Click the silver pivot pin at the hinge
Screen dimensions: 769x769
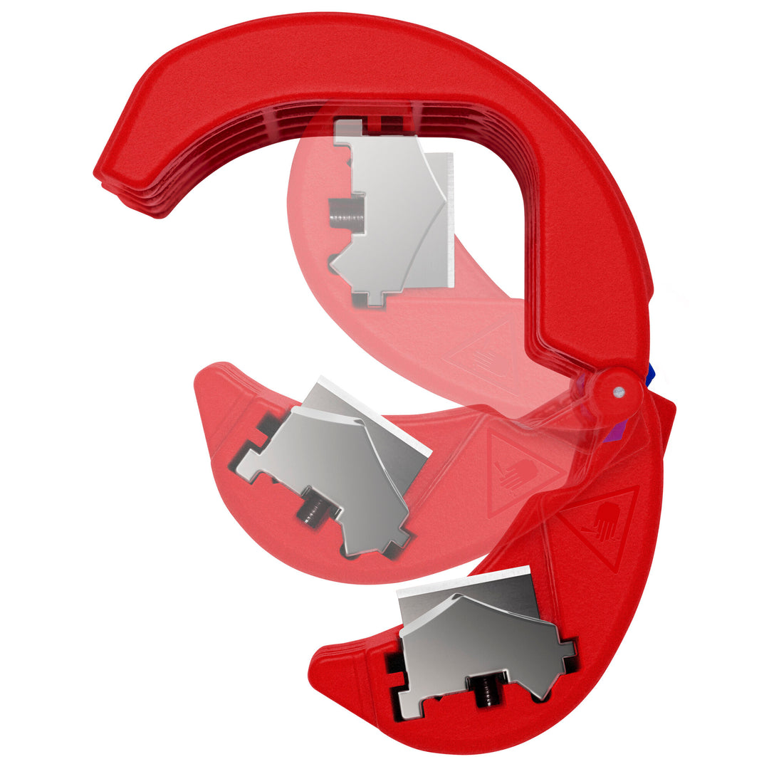coord(619,390)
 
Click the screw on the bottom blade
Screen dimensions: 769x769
coord(482,687)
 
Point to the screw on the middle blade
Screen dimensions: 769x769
coord(311,511)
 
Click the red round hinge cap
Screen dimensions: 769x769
coord(614,389)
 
